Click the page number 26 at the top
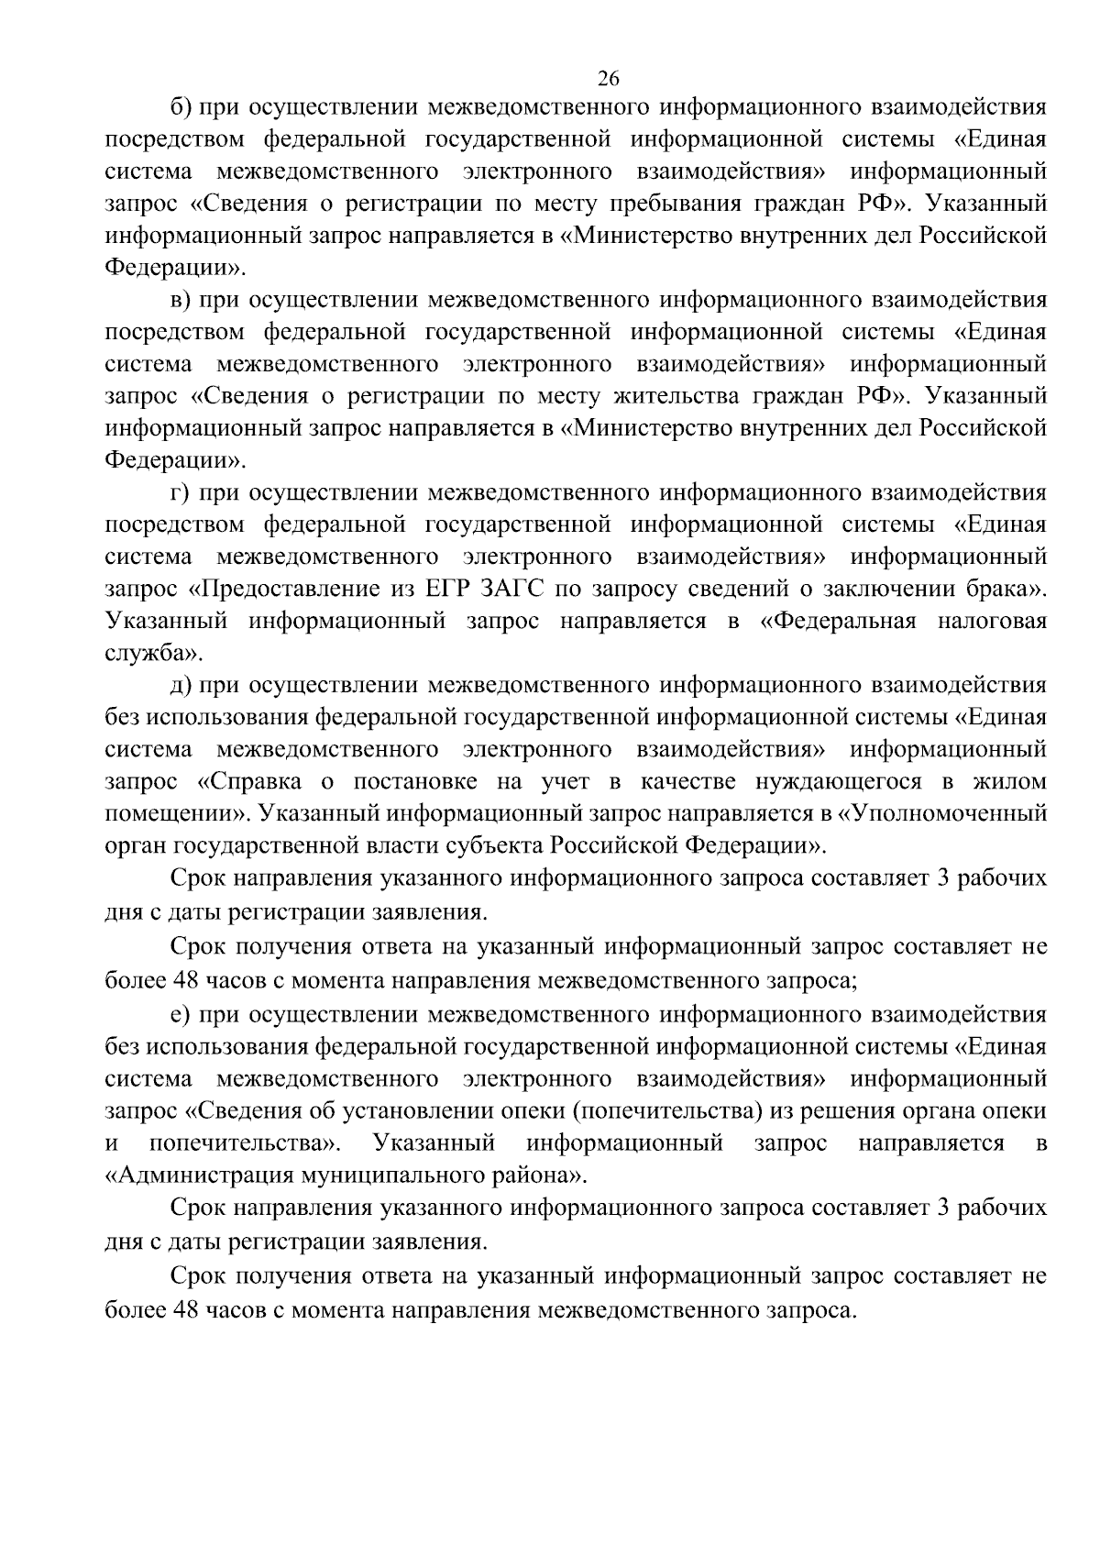coord(609,78)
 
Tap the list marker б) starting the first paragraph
coord(181,107)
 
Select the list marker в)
coord(181,300)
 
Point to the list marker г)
coord(180,492)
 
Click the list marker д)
coord(181,685)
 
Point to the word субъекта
coord(493,845)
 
